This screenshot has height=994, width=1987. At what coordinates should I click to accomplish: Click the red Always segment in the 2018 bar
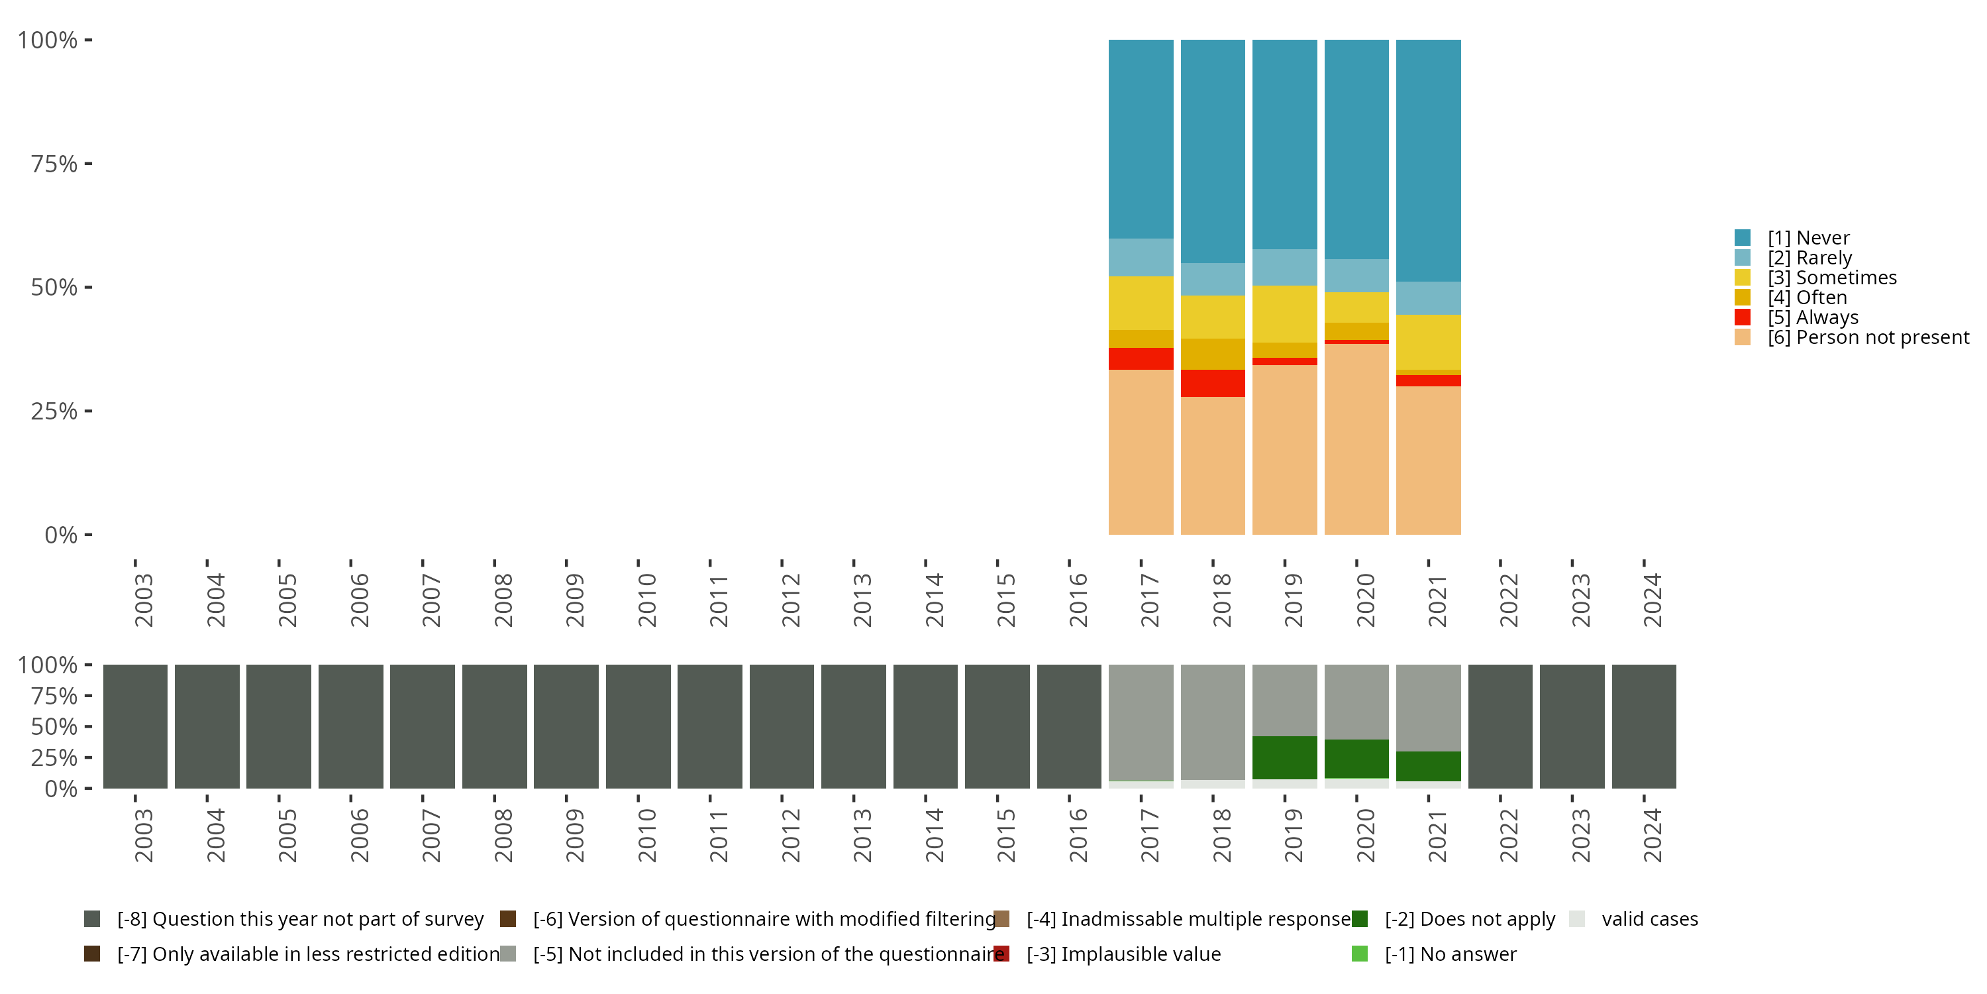point(1213,383)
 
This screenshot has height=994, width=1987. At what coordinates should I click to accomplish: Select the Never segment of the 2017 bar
point(1141,139)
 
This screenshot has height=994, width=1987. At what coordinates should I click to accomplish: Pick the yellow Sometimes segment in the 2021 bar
point(1428,342)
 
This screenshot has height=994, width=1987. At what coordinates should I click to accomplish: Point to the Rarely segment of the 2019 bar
point(1284,267)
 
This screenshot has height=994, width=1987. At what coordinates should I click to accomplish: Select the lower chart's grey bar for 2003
point(135,726)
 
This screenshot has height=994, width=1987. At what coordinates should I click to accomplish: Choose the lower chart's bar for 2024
point(1644,726)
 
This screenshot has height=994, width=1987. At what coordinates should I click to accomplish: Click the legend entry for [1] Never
point(1808,238)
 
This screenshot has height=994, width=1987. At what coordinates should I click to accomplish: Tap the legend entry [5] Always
point(1812,317)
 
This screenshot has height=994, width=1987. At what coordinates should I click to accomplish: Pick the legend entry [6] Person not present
point(1866,337)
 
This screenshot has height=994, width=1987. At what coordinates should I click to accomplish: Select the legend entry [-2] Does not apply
point(1468,919)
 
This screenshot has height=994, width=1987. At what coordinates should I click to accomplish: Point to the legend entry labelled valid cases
point(1649,919)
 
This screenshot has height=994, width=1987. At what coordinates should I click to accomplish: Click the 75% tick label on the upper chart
point(54,164)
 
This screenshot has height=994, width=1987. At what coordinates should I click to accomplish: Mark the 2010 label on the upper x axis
point(646,600)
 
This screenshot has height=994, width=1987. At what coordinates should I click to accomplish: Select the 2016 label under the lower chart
point(1078,835)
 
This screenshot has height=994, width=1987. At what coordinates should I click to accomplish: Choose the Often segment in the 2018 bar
point(1213,355)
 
